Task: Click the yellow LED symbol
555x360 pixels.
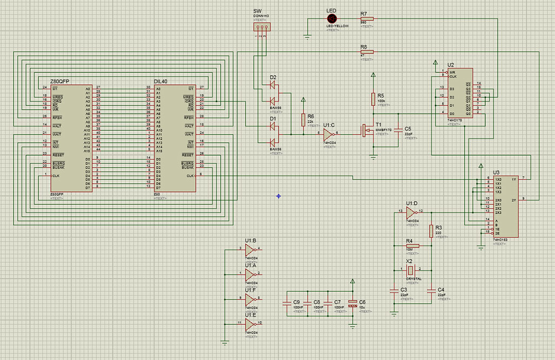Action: click(332, 18)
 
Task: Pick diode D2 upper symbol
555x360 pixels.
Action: click(273, 84)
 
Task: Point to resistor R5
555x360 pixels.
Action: click(373, 98)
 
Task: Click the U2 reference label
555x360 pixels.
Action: click(435, 65)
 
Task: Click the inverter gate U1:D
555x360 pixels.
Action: click(411, 211)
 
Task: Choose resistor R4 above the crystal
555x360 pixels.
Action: click(412, 246)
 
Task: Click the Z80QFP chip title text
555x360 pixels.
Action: click(60, 81)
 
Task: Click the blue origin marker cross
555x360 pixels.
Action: click(279, 196)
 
